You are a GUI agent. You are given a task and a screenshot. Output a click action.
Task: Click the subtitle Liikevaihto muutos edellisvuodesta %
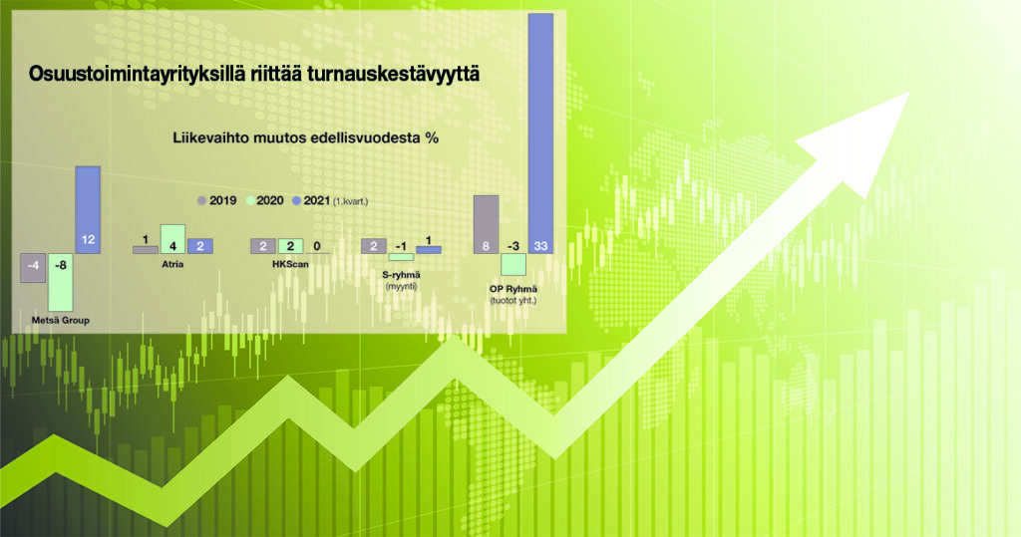305,138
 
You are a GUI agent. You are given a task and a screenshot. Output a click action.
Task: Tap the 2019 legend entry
216,200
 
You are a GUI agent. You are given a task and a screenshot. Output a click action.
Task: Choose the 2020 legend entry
264,200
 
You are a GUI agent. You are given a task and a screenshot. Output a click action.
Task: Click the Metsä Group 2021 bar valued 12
88,209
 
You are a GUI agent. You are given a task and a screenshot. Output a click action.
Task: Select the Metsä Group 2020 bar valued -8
61,282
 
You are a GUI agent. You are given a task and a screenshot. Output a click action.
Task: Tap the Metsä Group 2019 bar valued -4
33,268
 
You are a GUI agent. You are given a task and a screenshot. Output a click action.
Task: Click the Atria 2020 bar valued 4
172,239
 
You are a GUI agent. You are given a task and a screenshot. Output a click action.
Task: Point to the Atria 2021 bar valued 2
199,246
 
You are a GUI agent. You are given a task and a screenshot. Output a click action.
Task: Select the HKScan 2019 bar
263,246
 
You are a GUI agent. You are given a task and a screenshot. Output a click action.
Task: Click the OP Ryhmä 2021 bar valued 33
540,134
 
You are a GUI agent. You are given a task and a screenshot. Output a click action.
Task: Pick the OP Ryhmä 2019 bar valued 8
486,224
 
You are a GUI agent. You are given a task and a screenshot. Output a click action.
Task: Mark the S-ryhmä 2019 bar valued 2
374,246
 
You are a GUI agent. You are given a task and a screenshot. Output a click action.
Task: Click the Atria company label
172,264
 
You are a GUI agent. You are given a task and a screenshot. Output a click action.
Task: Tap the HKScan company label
290,264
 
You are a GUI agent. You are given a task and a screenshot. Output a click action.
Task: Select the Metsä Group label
61,320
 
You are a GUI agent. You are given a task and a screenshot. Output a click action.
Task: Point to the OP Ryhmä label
513,288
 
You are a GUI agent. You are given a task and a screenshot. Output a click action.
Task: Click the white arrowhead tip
909,93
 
